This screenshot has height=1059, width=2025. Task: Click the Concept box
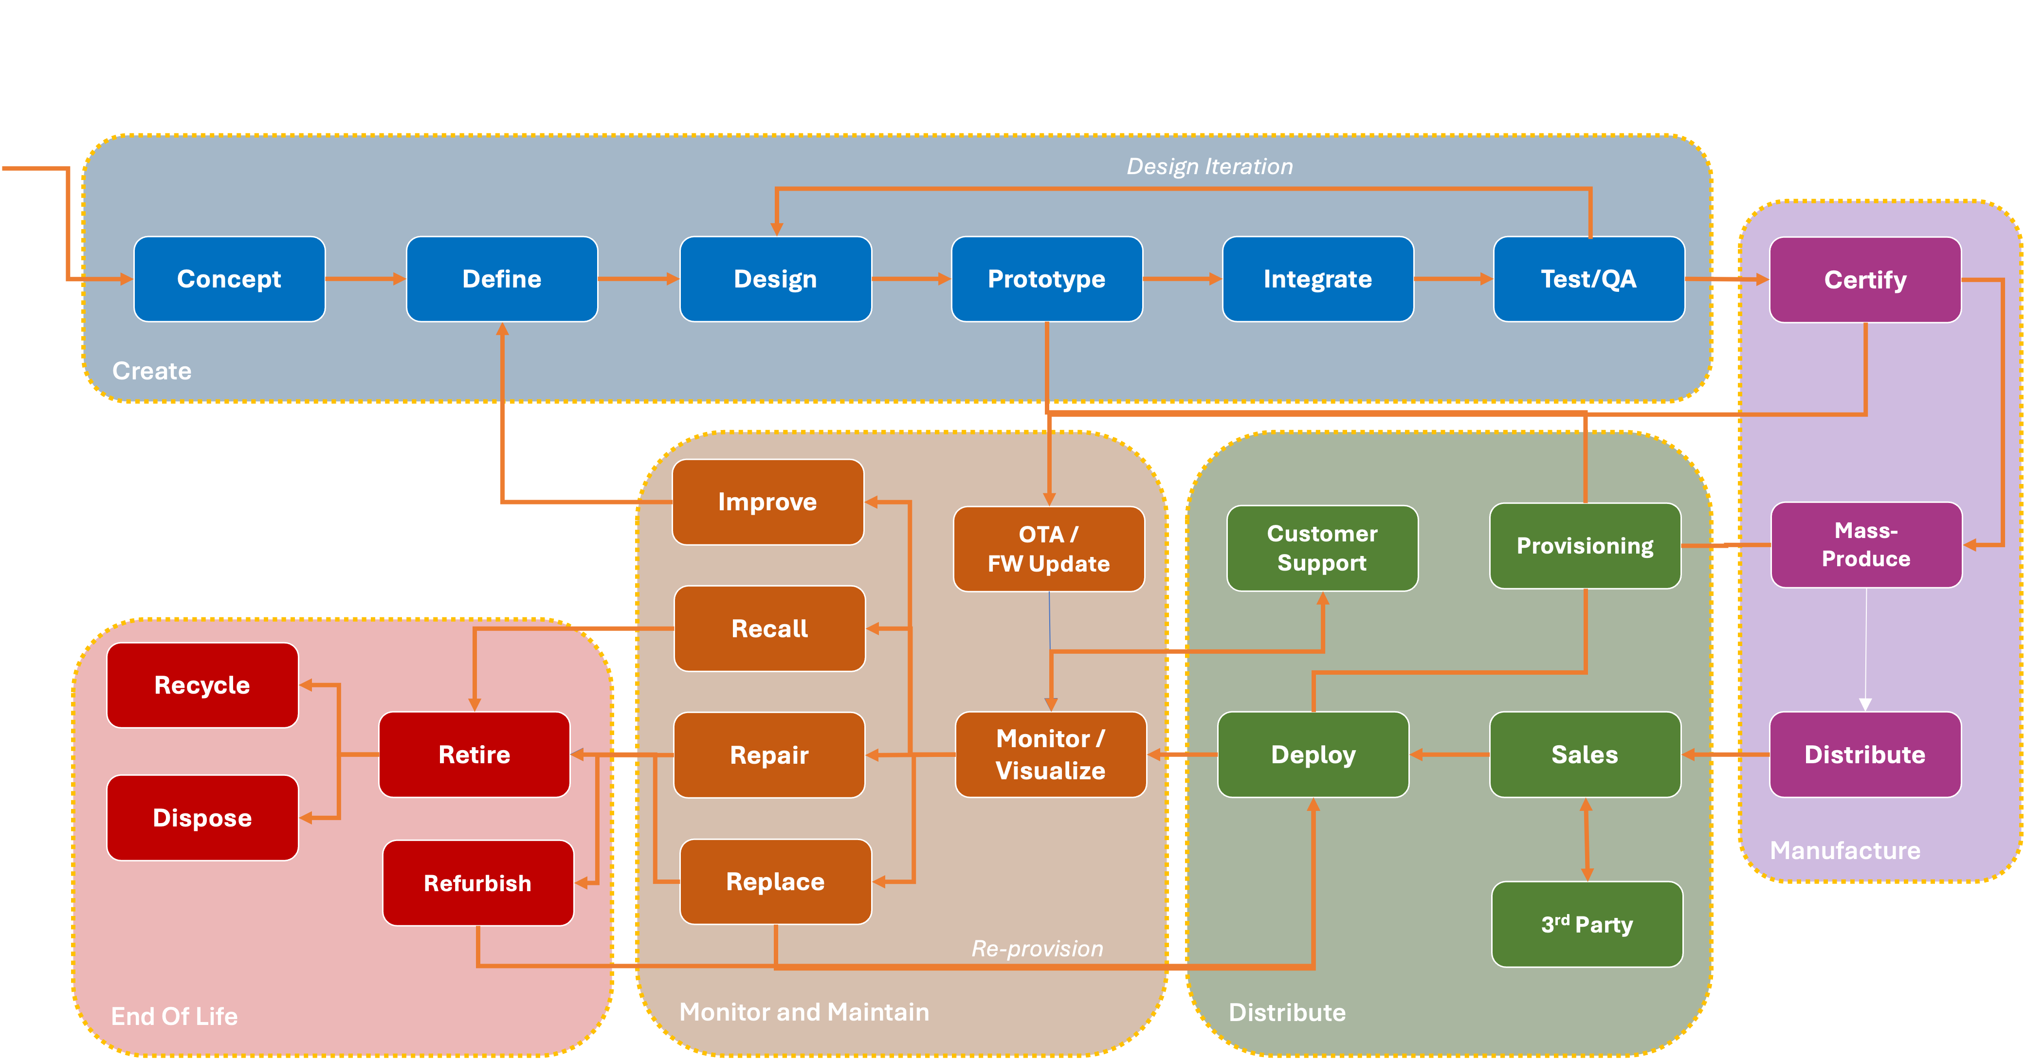click(x=229, y=279)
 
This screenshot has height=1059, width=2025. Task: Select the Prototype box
click(x=1046, y=279)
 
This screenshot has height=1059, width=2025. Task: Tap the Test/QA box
click(x=1588, y=279)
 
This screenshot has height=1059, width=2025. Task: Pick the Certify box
click(x=1864, y=280)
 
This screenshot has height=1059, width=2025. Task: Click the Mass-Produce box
click(x=1865, y=544)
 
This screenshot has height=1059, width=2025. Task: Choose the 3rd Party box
click(x=1587, y=924)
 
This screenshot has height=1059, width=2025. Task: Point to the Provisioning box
click(x=1585, y=545)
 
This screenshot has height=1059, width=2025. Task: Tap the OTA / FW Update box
click(x=1048, y=548)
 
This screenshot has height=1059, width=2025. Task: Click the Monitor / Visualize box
click(x=1050, y=754)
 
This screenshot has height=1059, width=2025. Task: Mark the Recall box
click(x=769, y=628)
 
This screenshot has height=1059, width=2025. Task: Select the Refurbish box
click(x=477, y=883)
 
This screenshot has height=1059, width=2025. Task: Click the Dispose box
click(x=202, y=818)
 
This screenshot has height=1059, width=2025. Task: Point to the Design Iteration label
click(x=1209, y=166)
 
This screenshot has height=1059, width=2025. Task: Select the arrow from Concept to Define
click(x=365, y=279)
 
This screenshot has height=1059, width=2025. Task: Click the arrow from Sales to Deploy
click(x=1449, y=754)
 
